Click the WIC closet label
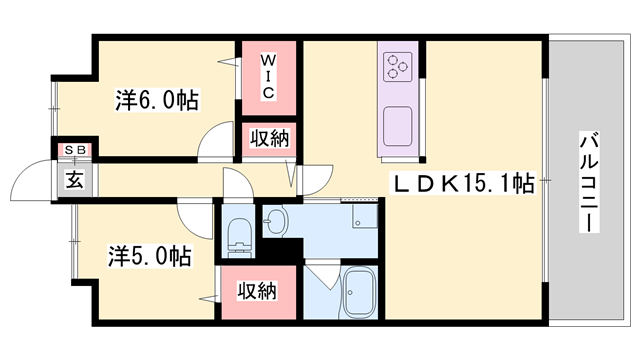click(268, 78)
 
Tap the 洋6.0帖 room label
click(157, 100)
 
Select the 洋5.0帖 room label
click(150, 256)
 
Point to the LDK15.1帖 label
click(463, 184)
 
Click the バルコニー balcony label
click(589, 182)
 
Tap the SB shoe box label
click(76, 150)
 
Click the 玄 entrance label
click(75, 180)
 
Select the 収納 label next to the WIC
click(269, 139)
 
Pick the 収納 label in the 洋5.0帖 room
click(257, 291)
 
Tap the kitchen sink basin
click(397, 126)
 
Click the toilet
click(238, 238)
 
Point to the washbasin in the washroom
click(276, 222)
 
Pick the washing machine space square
click(364, 216)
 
